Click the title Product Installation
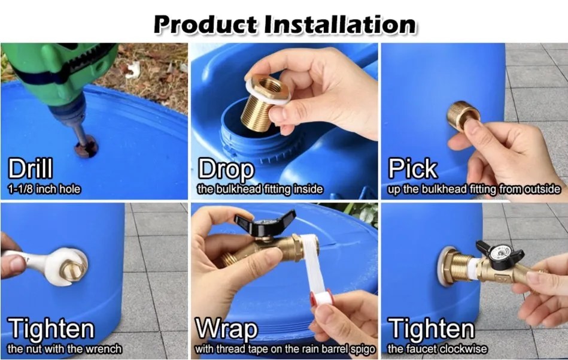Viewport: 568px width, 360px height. [284, 24]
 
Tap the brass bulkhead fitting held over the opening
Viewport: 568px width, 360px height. [263, 102]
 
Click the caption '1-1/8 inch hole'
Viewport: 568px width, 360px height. [43, 189]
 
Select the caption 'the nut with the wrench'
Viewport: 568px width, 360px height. [65, 349]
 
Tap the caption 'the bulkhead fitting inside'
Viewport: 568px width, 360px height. [260, 189]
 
